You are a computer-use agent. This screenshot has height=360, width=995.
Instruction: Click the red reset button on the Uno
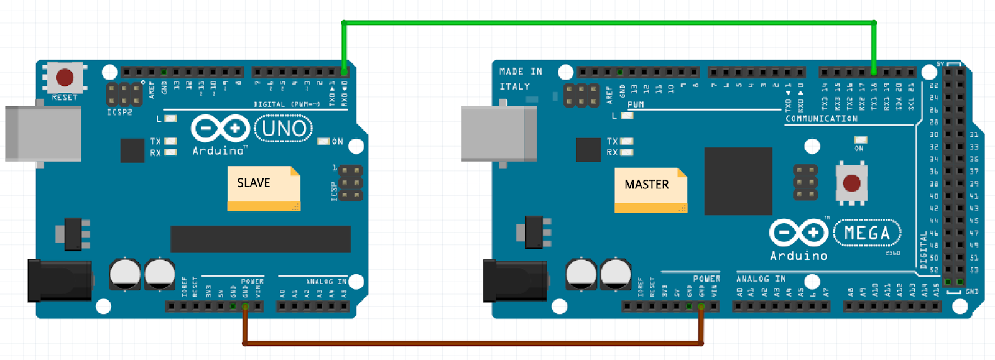[x=65, y=78]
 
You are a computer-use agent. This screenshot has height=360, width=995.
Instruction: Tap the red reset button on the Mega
[x=851, y=183]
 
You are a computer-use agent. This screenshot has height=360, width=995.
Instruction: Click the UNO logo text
[x=284, y=129]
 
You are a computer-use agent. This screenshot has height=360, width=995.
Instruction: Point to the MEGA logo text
[x=867, y=233]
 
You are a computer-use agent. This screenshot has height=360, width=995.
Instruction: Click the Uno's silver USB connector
[x=43, y=134]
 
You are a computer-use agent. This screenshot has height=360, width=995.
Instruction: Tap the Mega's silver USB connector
[x=499, y=134]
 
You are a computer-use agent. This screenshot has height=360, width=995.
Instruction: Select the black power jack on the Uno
[x=60, y=281]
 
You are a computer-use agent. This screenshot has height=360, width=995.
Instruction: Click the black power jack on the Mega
[x=515, y=281]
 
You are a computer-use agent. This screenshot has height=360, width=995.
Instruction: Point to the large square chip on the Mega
[x=738, y=181]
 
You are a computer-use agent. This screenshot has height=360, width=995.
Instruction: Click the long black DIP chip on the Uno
[x=261, y=239]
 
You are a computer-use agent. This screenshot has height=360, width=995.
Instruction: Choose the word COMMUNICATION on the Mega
[x=821, y=119]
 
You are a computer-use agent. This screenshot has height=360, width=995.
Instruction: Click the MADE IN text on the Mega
[x=521, y=72]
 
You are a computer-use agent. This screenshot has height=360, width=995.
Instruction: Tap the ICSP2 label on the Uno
[x=119, y=113]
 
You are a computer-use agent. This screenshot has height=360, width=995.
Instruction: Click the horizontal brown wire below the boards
[x=473, y=343]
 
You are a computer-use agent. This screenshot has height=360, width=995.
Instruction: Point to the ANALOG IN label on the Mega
[x=761, y=279]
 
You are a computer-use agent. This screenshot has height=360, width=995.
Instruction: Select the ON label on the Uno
[x=338, y=142]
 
